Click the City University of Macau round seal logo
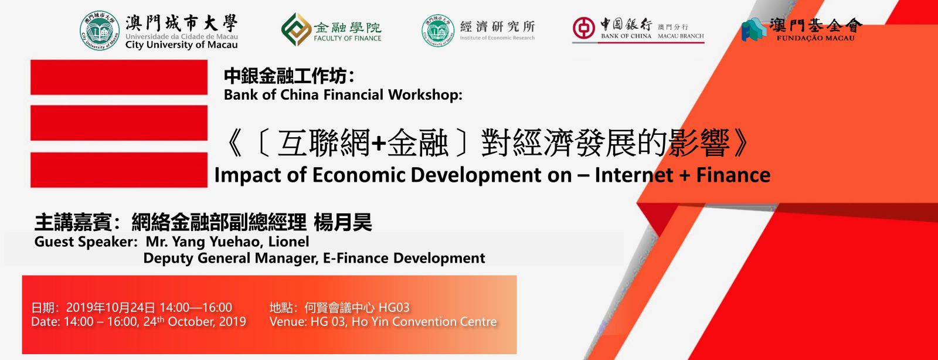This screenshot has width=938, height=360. (x=100, y=31)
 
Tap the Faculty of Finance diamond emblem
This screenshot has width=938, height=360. (x=296, y=29)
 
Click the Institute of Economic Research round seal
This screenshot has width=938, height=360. (x=438, y=30)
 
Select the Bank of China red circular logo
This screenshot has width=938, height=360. (x=584, y=29)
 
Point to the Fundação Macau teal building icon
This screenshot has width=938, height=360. (x=755, y=29)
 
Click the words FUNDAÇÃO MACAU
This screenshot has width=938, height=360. (x=815, y=38)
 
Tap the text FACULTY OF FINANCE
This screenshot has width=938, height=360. (x=348, y=38)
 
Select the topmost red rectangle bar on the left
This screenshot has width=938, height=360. (x=119, y=77)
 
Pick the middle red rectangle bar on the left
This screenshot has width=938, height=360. (x=119, y=123)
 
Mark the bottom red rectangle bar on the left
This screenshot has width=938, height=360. (x=119, y=169)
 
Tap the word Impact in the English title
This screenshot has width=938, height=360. (x=249, y=175)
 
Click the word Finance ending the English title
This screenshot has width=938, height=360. (x=733, y=175)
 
